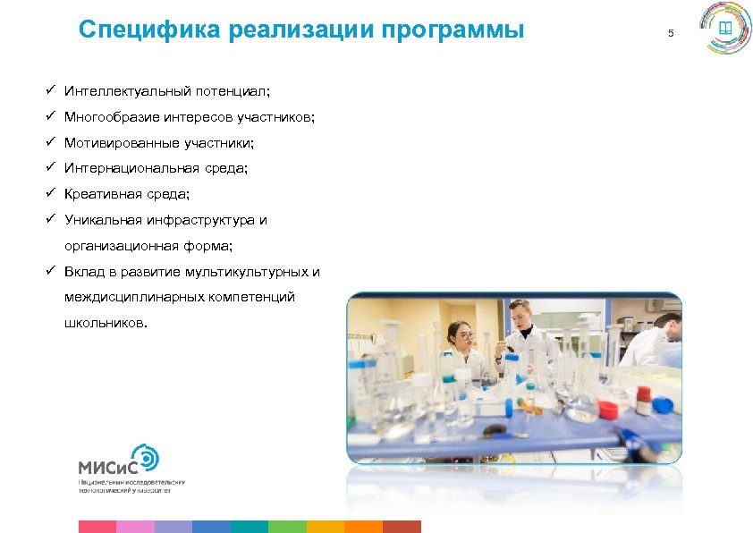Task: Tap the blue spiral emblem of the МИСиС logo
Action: click(x=146, y=458)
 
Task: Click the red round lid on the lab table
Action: click(x=607, y=410)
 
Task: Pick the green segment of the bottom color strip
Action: click(x=287, y=526)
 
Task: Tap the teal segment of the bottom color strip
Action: click(x=249, y=526)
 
